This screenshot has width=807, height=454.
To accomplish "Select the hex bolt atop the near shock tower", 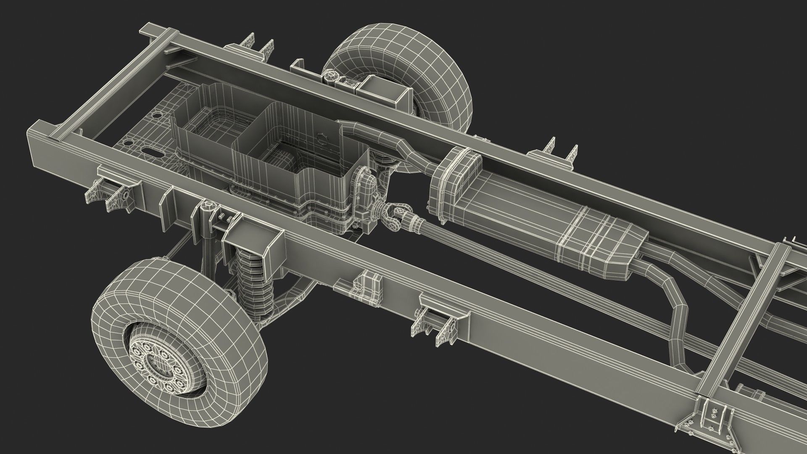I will click(x=209, y=206).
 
